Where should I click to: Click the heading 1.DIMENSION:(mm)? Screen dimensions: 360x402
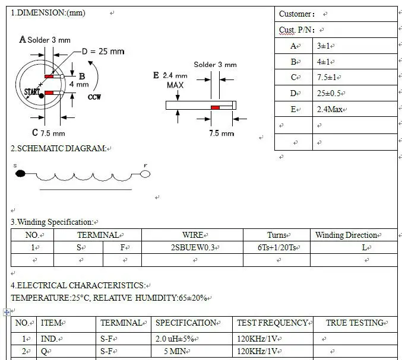[48, 13]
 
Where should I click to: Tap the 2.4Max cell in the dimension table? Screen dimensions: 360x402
[331, 109]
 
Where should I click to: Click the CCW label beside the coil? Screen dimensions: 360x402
[94, 97]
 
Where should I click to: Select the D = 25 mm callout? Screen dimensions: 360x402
[103, 52]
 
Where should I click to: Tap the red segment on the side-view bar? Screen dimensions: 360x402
[215, 107]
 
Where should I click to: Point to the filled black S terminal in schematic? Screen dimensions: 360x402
[20, 174]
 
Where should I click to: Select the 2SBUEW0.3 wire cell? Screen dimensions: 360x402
[194, 247]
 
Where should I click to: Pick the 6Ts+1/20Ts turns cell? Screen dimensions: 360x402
[276, 247]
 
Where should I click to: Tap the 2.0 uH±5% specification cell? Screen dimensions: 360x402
[177, 339]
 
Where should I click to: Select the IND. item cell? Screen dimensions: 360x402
[49, 339]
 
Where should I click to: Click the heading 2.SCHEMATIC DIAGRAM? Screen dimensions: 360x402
[59, 148]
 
